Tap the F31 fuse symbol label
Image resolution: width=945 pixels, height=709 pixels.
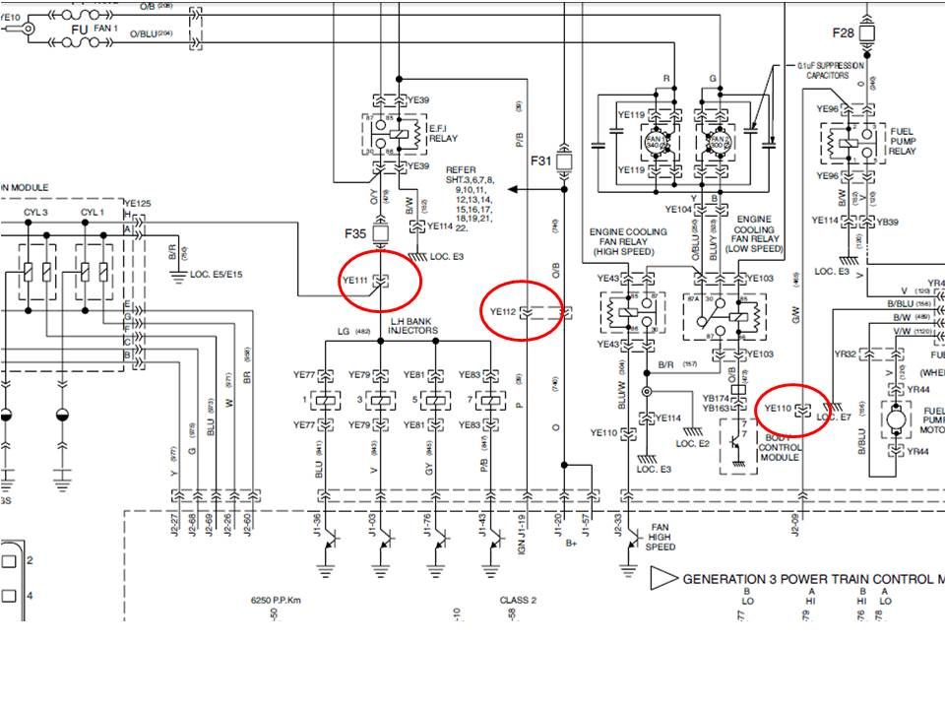click(x=541, y=160)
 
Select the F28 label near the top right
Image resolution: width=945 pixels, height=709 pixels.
click(x=844, y=32)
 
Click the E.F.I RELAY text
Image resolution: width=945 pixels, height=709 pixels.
click(x=443, y=134)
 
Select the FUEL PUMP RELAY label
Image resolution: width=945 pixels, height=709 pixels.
click(x=903, y=141)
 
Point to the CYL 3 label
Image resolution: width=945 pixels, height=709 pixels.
click(x=36, y=212)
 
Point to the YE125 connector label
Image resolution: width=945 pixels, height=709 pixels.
click(x=137, y=204)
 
